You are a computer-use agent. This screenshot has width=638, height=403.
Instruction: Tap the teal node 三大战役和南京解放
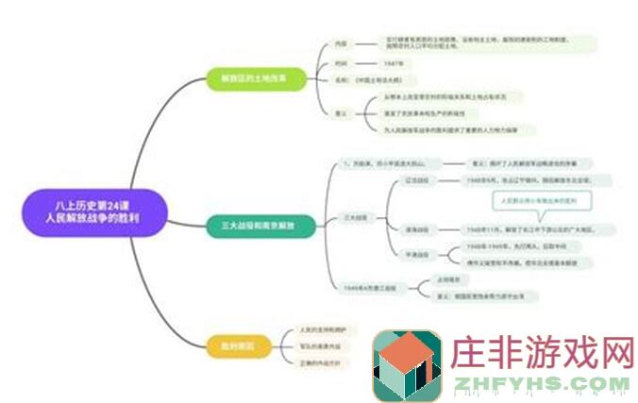click(x=258, y=227)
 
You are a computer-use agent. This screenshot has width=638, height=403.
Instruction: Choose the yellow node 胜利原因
click(x=231, y=345)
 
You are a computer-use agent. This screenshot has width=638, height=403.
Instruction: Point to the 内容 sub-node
click(x=343, y=43)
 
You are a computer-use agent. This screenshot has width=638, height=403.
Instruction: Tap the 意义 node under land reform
click(x=343, y=112)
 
